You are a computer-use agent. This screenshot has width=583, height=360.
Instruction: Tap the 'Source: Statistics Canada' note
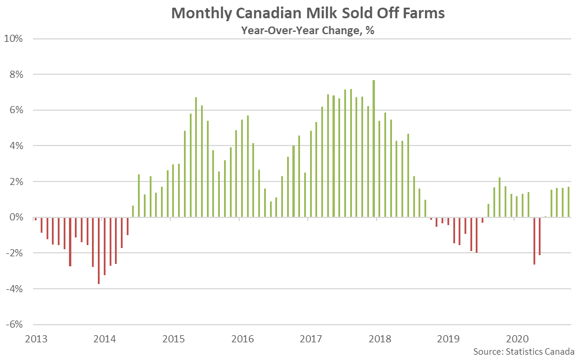point(523,351)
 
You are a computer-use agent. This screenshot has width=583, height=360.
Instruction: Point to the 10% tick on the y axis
point(14,39)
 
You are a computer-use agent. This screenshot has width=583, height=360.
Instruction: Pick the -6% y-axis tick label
point(14,325)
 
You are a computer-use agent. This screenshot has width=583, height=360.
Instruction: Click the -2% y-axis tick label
point(14,253)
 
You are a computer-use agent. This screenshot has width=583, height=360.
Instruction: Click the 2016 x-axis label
point(243,339)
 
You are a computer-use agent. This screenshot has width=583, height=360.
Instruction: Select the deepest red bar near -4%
point(98,250)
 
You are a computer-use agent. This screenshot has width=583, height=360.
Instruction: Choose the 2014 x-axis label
point(105,339)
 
